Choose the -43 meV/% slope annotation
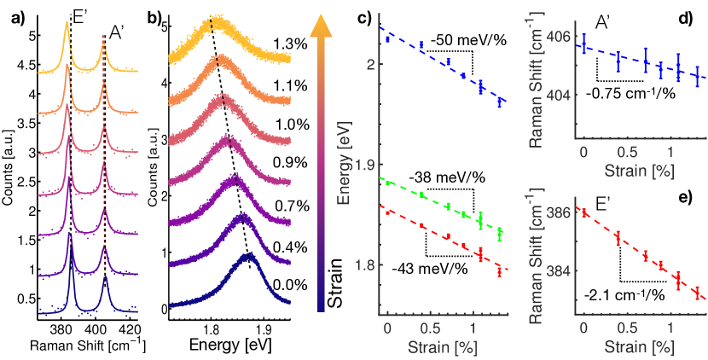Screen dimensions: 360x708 (x=430, y=270)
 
